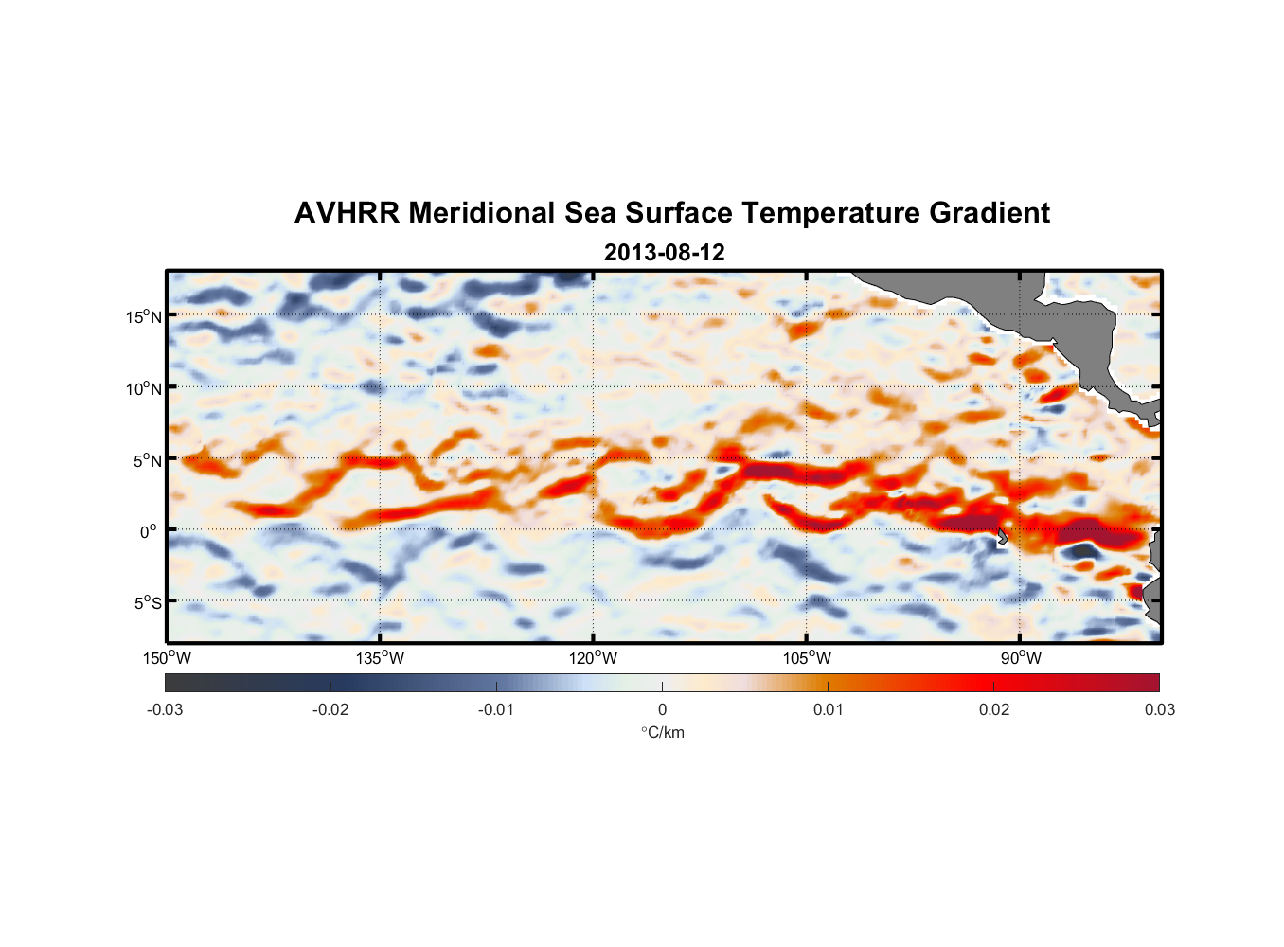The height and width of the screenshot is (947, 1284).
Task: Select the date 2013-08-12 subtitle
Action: click(x=664, y=253)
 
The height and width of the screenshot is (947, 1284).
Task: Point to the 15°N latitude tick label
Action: click(x=144, y=316)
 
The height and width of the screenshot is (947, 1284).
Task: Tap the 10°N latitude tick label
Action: click(x=144, y=388)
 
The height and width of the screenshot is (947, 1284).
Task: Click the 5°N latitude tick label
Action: click(x=148, y=460)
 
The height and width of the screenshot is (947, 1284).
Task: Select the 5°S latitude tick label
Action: click(x=148, y=602)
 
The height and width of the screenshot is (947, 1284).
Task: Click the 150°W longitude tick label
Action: click(x=167, y=658)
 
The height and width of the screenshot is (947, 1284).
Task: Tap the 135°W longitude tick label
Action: click(x=380, y=658)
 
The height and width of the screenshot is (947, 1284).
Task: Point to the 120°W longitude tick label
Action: click(x=593, y=658)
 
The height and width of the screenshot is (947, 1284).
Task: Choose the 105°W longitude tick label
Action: click(x=806, y=658)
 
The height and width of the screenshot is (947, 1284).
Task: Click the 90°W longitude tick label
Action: click(x=1020, y=658)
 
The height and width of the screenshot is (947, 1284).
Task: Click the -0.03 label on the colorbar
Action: click(x=165, y=709)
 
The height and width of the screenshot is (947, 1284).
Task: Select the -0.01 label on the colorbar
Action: click(x=496, y=709)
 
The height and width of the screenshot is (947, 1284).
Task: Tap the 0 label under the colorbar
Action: click(x=662, y=709)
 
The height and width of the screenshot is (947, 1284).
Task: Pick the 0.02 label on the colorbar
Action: click(x=994, y=709)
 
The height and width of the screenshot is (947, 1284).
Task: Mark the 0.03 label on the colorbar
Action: click(x=1159, y=709)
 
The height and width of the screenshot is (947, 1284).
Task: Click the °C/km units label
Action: click(x=662, y=732)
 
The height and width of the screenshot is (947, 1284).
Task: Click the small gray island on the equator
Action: click(x=1003, y=536)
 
